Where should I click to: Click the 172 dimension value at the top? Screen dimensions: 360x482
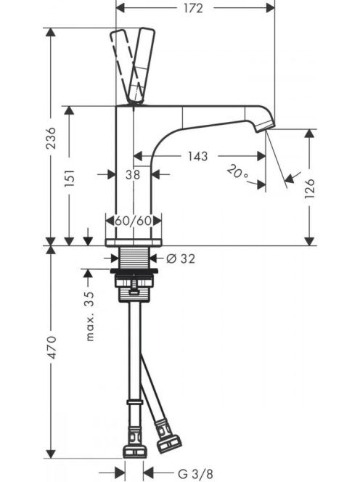pyautogui.click(x=193, y=8)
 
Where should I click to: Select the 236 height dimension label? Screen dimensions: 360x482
pyautogui.click(x=51, y=138)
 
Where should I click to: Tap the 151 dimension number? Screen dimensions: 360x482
pyautogui.click(x=70, y=178)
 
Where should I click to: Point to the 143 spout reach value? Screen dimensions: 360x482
pyautogui.click(x=198, y=156)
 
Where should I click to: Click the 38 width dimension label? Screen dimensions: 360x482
pyautogui.click(x=133, y=175)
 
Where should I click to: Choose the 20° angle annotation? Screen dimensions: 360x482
pyautogui.click(x=237, y=172)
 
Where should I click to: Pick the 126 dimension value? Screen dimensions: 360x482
pyautogui.click(x=310, y=189)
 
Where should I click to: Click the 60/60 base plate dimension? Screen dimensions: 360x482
pyautogui.click(x=133, y=221)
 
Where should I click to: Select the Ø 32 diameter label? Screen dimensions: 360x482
pyautogui.click(x=181, y=258)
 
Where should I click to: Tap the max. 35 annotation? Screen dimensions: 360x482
pyautogui.click(x=90, y=316)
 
